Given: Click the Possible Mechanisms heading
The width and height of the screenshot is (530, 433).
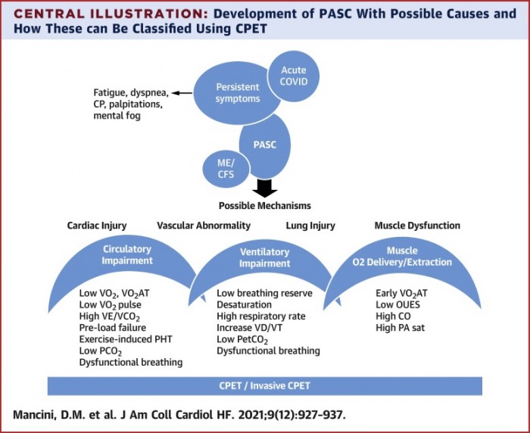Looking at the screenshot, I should [x=265, y=206].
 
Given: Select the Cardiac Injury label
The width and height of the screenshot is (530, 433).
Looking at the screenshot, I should [x=98, y=226].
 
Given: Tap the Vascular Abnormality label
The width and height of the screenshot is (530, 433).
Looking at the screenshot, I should [x=204, y=226].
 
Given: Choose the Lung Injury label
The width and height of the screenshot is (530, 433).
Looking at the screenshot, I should [x=310, y=226].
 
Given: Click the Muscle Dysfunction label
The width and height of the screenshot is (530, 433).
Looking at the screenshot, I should [x=417, y=226].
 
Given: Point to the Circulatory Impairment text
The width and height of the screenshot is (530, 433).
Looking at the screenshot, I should [x=126, y=254].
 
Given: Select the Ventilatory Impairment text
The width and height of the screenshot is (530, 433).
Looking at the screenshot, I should [x=265, y=259].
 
